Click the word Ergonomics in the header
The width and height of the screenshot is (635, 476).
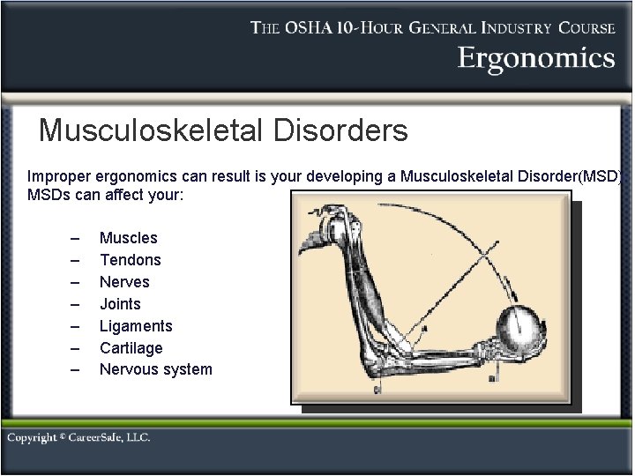point(535,59)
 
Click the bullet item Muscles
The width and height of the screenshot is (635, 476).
point(128,238)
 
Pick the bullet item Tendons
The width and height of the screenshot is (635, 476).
point(130,260)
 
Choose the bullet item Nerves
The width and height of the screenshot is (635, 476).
point(124,282)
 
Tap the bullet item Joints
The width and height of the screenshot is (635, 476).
point(120,304)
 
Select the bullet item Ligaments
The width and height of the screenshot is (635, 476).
point(136,326)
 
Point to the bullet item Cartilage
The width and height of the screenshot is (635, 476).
point(131,348)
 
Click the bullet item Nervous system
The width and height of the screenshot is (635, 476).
point(155,369)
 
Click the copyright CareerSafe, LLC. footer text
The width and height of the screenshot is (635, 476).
point(78,438)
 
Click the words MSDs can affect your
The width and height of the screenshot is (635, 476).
point(105,194)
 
